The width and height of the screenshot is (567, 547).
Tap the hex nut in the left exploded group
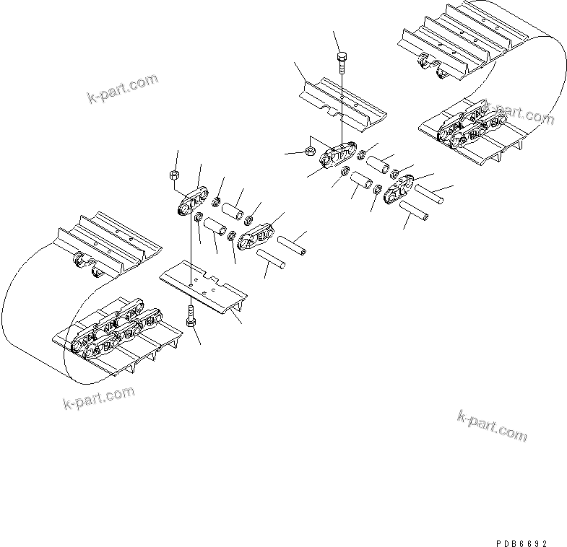173,175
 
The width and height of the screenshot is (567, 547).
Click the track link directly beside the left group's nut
192,202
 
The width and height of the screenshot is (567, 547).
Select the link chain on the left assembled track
116,333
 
